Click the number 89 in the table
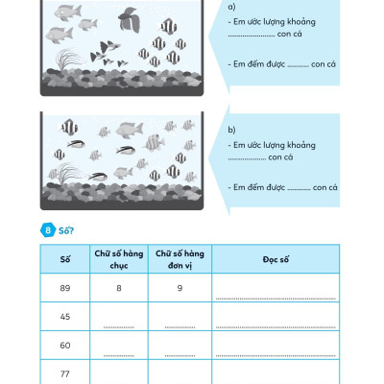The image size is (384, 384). (64, 286)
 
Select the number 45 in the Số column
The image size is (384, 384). (64, 315)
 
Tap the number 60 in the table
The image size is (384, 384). (64, 344)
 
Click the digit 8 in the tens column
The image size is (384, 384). (118, 286)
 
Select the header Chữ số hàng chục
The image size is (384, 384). (118, 258)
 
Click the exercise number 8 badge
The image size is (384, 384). (47, 230)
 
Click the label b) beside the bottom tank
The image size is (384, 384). (233, 128)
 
